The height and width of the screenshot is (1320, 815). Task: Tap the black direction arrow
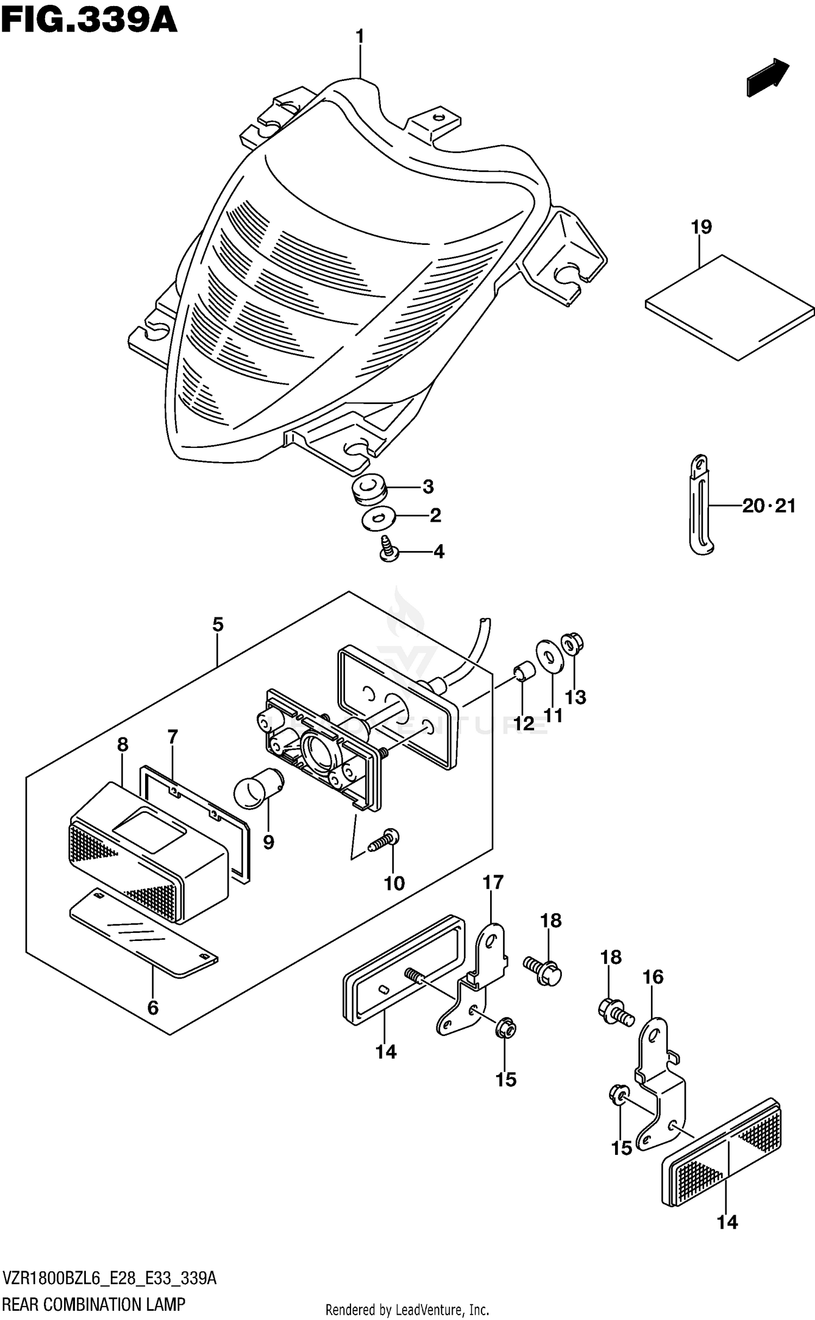tap(767, 78)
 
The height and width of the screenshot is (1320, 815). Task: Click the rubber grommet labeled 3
tap(366, 487)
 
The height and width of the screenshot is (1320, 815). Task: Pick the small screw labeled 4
tap(389, 549)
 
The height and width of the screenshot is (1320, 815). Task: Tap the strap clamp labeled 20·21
tap(700, 505)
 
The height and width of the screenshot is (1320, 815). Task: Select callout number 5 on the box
tap(217, 625)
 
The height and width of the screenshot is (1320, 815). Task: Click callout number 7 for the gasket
tap(173, 737)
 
